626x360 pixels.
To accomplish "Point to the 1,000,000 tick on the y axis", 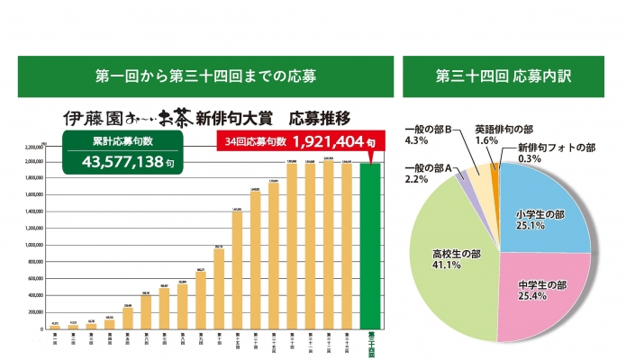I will [x=33, y=244].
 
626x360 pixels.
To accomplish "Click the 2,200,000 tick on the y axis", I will [x=33, y=146].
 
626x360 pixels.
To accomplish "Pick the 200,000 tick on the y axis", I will [x=35, y=311].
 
